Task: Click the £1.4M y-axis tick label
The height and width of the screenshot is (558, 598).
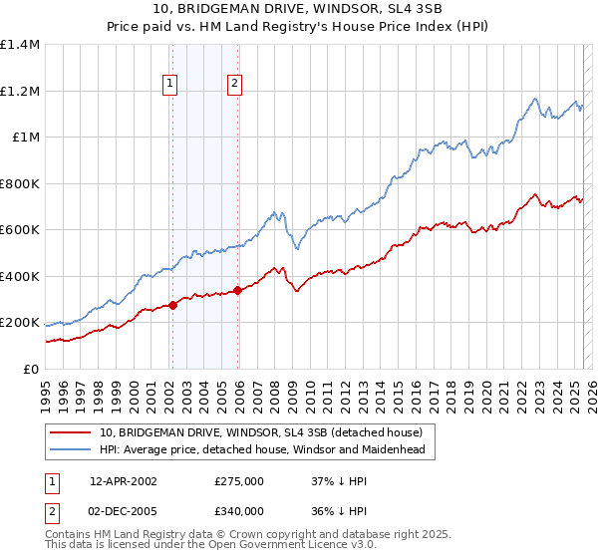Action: [x=21, y=45]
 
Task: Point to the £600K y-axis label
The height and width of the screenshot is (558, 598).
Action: [x=20, y=230]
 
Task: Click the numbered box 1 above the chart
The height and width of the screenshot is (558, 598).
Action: [x=171, y=85]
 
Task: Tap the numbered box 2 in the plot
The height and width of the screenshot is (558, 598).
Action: [x=234, y=85]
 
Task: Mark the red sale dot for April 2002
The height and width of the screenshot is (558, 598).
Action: [x=173, y=305]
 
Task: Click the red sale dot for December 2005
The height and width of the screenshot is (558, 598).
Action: [x=238, y=291]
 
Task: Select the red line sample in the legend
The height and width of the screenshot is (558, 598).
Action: [x=71, y=432]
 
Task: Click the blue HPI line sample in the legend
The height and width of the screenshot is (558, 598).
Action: [x=71, y=449]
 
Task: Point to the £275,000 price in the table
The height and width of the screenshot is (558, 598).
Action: [x=239, y=481]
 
